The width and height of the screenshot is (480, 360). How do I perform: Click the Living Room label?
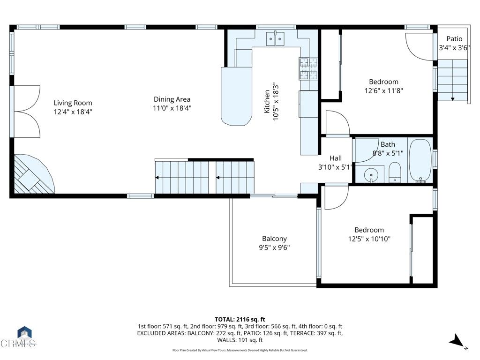pyautogui.click(x=73, y=103)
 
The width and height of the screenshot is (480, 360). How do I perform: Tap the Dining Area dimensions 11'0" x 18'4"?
pyautogui.click(x=172, y=108)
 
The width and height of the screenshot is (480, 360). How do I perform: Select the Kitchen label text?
pyautogui.click(x=267, y=102)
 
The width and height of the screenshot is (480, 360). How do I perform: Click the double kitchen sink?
pyautogui.click(x=275, y=38)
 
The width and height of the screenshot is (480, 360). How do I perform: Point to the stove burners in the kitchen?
pyautogui.click(x=308, y=69)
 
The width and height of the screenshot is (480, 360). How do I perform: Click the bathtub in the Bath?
pyautogui.click(x=420, y=161)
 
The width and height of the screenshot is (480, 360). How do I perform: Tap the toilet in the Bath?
pyautogui.click(x=395, y=172)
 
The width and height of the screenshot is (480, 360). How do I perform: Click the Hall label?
pyautogui.click(x=336, y=158)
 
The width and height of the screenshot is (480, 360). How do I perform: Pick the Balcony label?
pyautogui.click(x=274, y=239)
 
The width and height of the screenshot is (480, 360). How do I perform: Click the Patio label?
pyautogui.click(x=454, y=39)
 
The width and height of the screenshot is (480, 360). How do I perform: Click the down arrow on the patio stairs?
pyautogui.click(x=452, y=98)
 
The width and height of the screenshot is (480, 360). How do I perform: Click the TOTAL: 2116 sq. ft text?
pyautogui.click(x=240, y=320)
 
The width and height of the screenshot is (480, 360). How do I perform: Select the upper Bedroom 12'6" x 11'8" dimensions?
pyautogui.click(x=383, y=91)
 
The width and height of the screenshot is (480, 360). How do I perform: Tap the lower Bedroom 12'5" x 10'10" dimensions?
pyautogui.click(x=369, y=239)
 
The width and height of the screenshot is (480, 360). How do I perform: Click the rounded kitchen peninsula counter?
pyautogui.click(x=236, y=96)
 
